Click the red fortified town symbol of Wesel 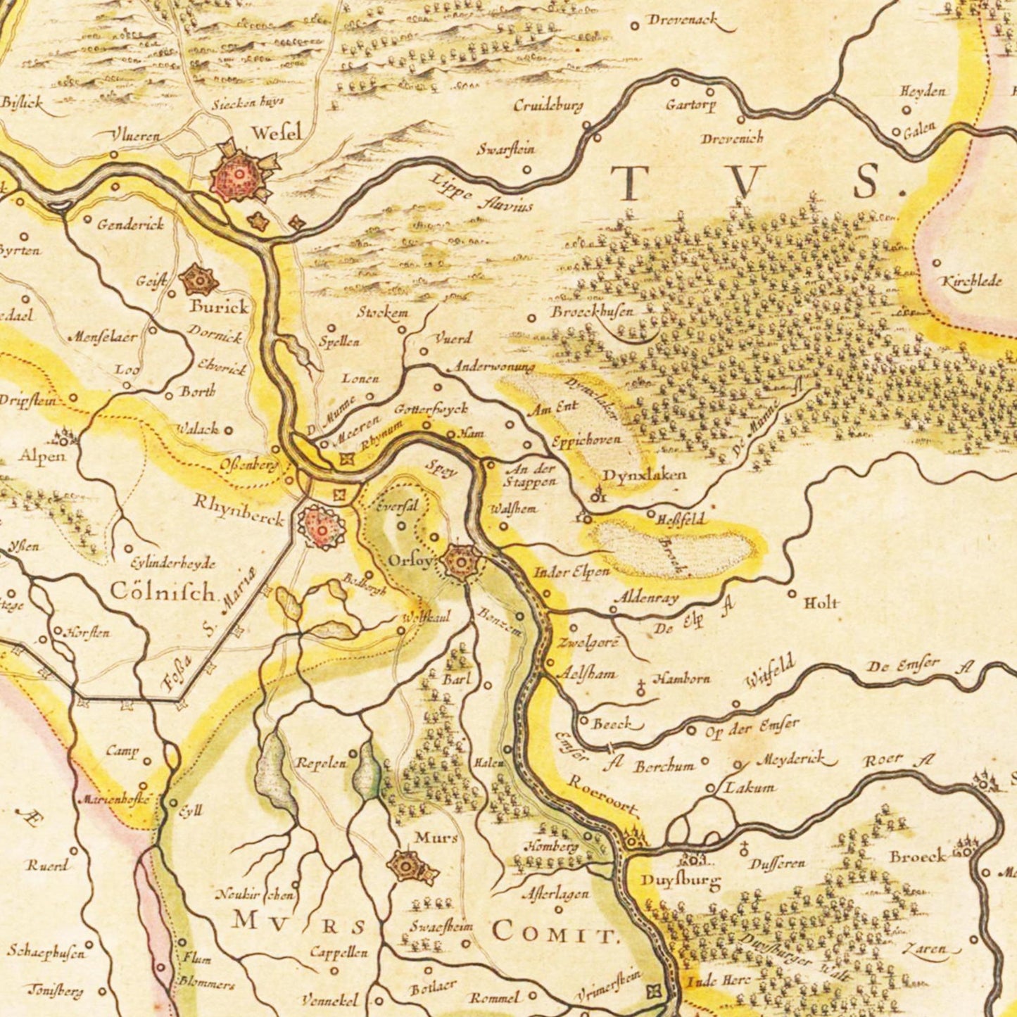pos(239,175)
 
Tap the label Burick pos(218,307)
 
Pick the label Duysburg pos(680,880)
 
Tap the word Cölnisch pos(163,593)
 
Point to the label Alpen pos(42,456)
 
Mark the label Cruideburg pos(548,106)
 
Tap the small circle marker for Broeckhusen pos(532,318)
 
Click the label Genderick pos(130,225)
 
